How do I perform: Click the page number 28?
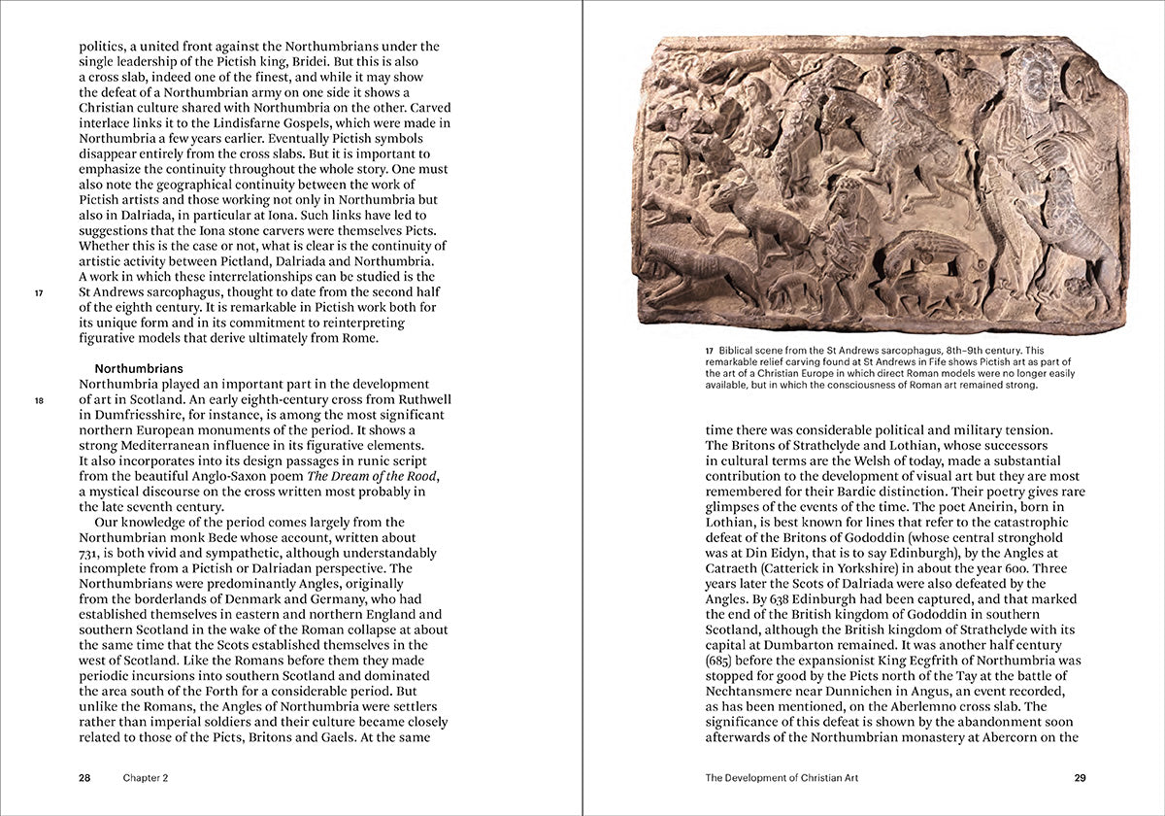[x=84, y=777]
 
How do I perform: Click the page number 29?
[x=1080, y=777]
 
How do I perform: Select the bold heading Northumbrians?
[x=139, y=369]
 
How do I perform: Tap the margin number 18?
[x=40, y=400]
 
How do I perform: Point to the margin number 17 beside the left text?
[x=40, y=292]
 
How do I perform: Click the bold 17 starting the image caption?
[x=711, y=350]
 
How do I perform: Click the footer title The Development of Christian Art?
[x=782, y=777]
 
